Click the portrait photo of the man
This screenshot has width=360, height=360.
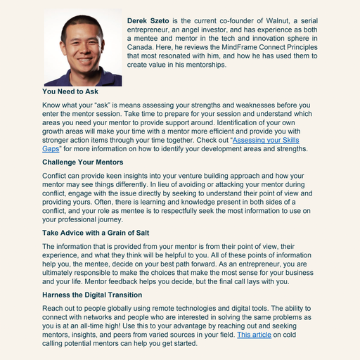[x=82, y=49]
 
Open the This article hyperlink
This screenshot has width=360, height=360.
[x=254, y=335]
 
